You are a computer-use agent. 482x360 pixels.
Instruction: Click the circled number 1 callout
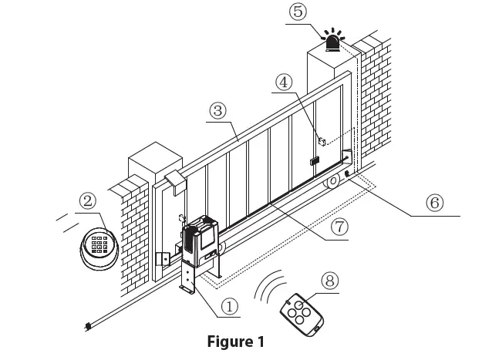(229, 305)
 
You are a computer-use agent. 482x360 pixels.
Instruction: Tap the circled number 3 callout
(219, 110)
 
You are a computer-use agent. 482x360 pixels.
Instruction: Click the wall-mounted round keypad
(98, 247)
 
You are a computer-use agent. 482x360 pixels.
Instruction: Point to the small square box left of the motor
(163, 259)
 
